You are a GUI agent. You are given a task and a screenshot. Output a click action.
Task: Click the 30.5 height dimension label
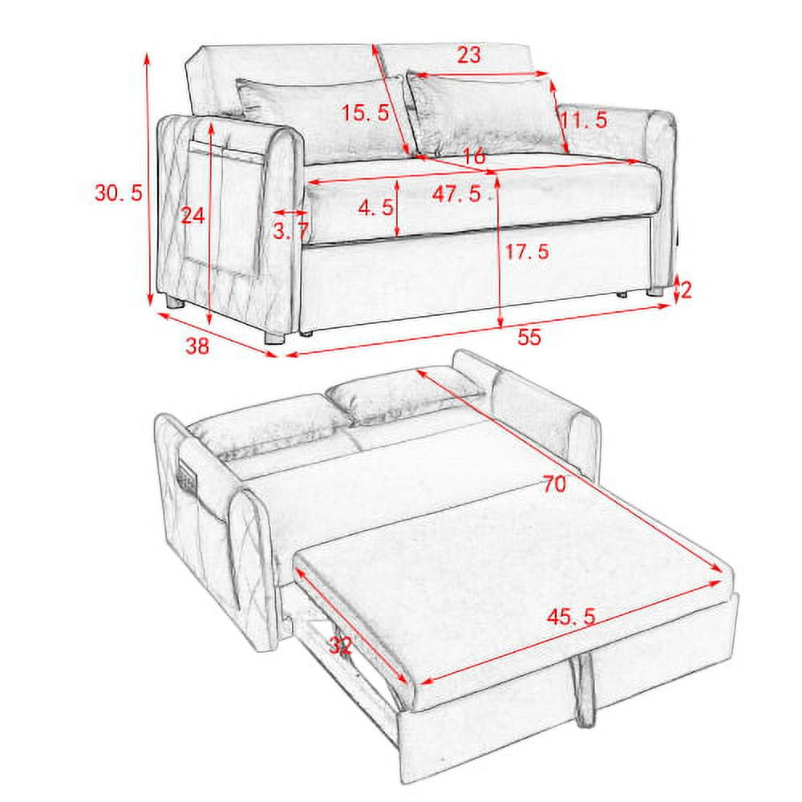coord(118,192)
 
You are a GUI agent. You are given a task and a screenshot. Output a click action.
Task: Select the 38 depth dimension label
coord(197,346)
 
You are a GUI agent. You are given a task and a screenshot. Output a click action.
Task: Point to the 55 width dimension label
coord(529,337)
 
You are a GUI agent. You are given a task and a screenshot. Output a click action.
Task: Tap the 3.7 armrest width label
coord(290,233)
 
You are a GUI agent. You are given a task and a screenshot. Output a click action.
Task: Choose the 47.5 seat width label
coord(455,194)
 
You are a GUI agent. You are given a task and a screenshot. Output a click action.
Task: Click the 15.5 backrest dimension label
coord(366,113)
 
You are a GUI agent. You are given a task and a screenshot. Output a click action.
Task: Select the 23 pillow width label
coord(469,55)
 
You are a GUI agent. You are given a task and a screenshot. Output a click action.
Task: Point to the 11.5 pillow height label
coord(583,121)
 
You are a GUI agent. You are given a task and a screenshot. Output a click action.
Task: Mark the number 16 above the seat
coord(474,157)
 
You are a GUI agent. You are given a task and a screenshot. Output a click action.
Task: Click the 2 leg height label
coord(686,289)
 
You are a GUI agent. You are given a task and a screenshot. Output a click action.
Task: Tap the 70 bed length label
coord(553,484)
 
